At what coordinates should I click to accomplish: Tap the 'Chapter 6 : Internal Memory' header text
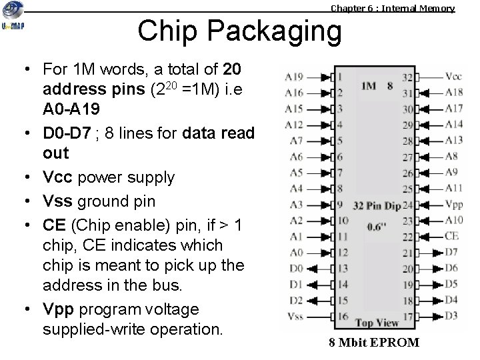point(393,9)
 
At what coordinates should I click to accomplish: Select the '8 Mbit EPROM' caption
point(373,343)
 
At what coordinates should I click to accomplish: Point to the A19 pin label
point(294,76)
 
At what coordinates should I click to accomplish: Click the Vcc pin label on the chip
point(453,76)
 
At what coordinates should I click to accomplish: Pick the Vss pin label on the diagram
point(294,316)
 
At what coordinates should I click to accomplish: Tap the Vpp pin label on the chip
point(453,204)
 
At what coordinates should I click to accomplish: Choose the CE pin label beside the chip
point(451,235)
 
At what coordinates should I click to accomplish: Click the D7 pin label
point(451,252)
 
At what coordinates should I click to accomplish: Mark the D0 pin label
point(295,268)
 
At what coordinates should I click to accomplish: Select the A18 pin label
point(453,92)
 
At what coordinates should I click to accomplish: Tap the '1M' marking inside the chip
point(369,85)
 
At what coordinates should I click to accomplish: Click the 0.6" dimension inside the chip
point(377,226)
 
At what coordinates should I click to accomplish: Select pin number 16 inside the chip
point(343,316)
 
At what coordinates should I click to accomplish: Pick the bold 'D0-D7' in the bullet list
point(66,133)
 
